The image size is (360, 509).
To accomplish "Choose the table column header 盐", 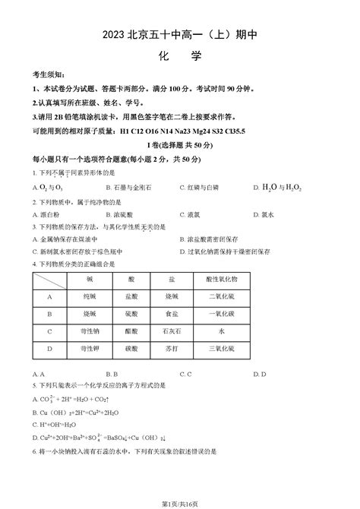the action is tap(172, 280).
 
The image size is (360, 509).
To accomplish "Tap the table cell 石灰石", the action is tap(172, 331).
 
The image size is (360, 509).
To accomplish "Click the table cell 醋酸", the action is tap(132, 331).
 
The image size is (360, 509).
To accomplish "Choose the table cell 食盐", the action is tap(172, 314).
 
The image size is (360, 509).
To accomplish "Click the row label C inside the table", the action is tap(49, 331).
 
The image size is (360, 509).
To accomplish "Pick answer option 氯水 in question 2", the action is tap(270, 215).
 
